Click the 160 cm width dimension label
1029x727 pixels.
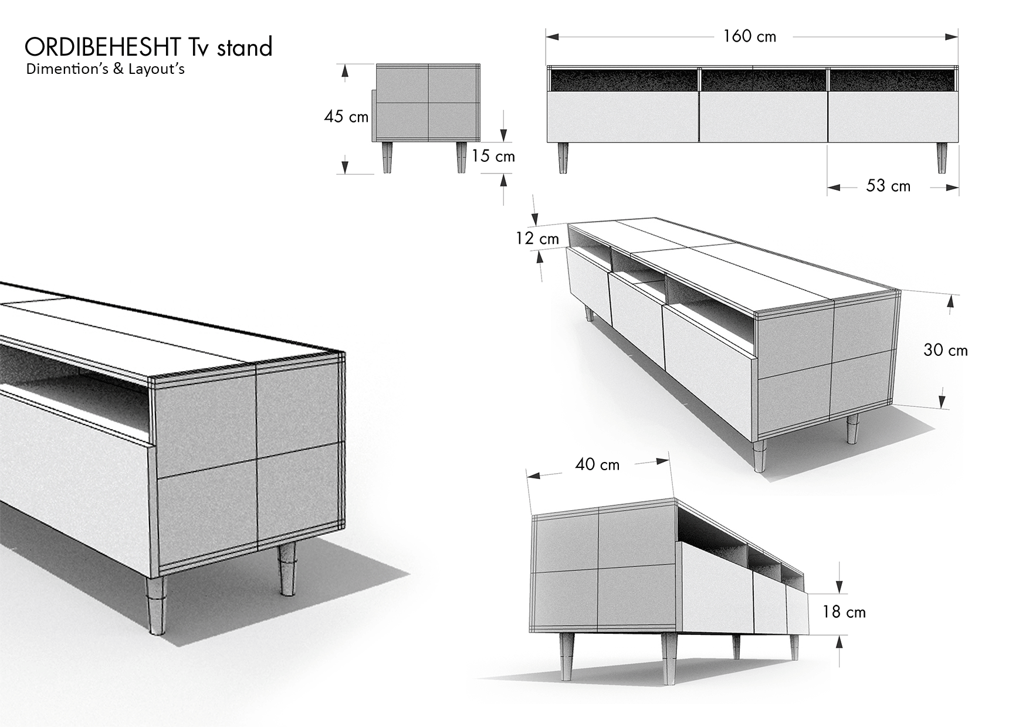749,36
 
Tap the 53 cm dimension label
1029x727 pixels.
888,186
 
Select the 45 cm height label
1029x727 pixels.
346,117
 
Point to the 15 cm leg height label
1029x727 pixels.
493,157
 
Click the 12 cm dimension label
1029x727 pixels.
537,239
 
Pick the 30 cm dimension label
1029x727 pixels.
946,350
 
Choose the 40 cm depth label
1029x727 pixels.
597,464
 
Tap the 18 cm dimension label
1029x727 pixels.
844,612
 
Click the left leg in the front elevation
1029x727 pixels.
563,158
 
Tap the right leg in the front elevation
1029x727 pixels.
942,158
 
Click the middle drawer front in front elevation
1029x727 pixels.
763,117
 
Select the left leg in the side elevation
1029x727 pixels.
387,158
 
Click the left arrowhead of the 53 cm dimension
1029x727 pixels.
835,188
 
